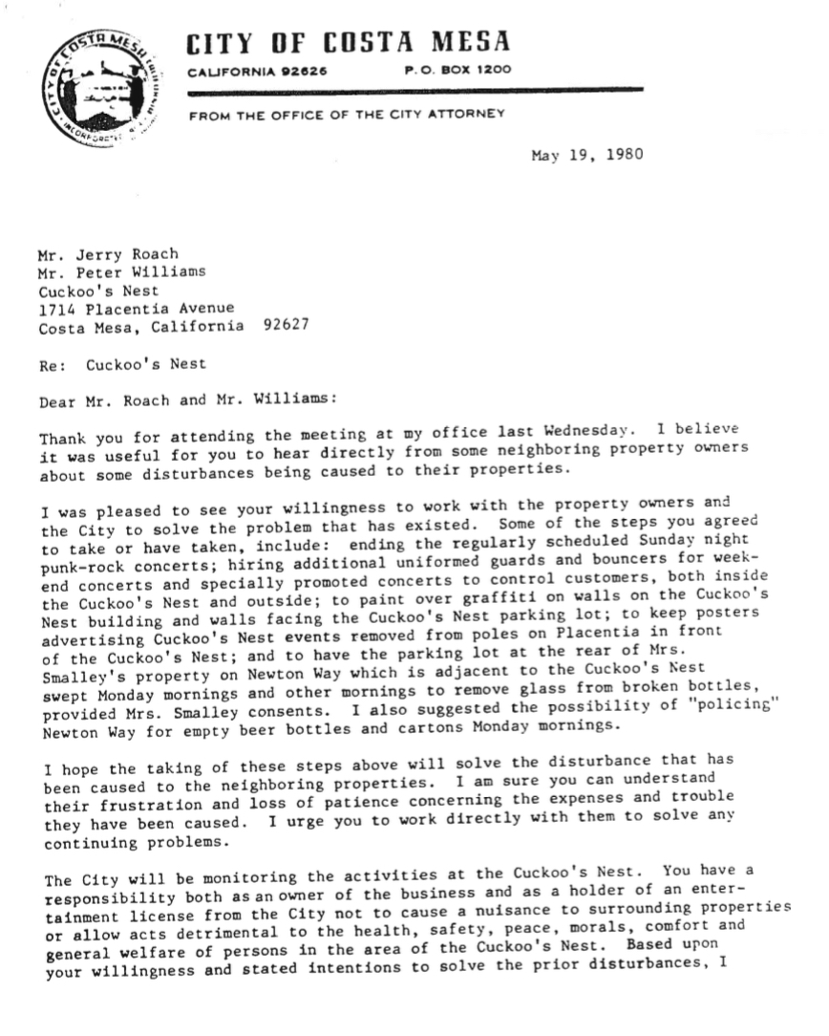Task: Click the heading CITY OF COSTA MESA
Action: click(x=348, y=43)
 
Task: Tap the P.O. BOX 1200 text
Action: click(x=457, y=70)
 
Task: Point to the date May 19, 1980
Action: click(x=586, y=156)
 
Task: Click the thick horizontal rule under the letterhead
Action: click(x=415, y=92)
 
